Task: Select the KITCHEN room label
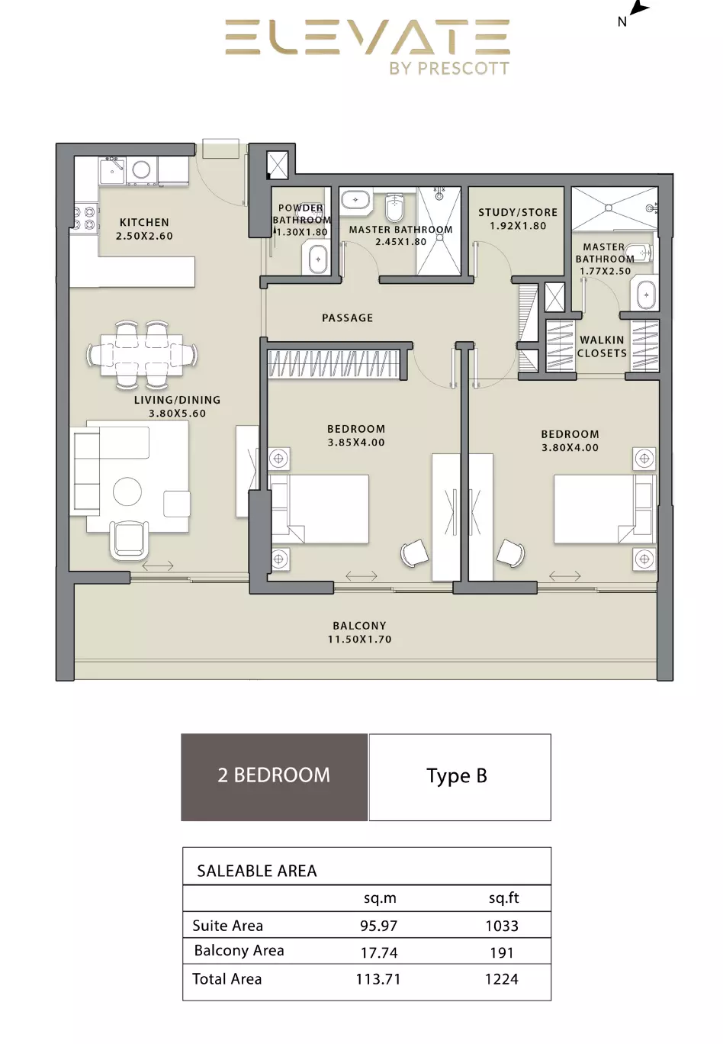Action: point(144,222)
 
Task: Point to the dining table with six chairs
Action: point(142,354)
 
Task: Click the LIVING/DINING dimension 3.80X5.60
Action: point(177,414)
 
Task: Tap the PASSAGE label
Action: point(348,318)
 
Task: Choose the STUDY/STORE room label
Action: point(518,212)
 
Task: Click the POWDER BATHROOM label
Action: point(301,214)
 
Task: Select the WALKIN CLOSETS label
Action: point(602,346)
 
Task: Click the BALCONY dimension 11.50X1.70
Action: point(360,640)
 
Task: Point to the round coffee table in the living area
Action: point(127,491)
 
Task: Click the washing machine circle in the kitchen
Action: point(141,169)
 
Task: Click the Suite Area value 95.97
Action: point(379,926)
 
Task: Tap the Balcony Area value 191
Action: point(502,952)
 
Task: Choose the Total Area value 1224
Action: point(502,979)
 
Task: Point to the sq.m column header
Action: point(380,898)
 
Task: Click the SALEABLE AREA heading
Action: point(257,871)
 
